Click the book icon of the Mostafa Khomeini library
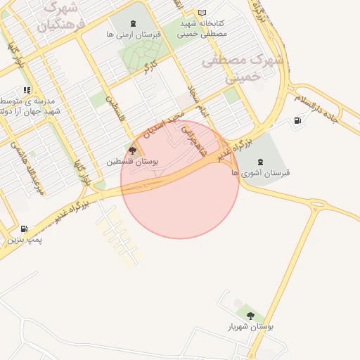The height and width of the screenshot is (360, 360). pos(202,13)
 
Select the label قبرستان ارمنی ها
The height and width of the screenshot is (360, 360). pos(134,33)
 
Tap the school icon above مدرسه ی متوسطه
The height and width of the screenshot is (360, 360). pos(27,90)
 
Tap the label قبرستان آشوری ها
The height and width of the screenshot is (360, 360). pos(261,173)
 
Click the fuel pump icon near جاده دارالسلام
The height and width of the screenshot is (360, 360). pos(300,121)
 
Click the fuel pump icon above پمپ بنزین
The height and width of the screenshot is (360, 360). pos(25,229)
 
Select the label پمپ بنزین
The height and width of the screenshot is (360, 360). pos(25,240)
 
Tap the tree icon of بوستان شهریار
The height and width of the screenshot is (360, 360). pos(251,315)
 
